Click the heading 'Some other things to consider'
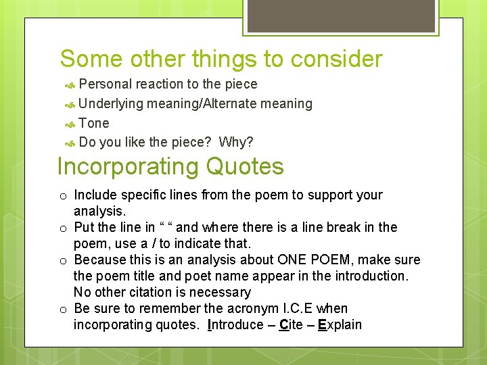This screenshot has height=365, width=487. coord(221,59)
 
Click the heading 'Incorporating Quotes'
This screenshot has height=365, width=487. coord(170,166)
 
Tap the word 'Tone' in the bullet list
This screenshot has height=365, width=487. coord(94,123)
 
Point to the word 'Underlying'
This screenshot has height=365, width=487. coord(111,104)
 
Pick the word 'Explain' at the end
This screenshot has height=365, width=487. coord(340,324)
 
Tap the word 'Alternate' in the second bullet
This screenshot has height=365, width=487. coord(227,104)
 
